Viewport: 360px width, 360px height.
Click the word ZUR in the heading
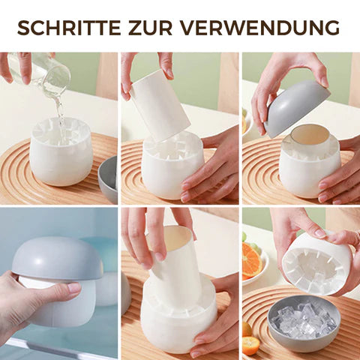tap(151, 27)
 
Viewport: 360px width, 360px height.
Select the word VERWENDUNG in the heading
tap(260, 27)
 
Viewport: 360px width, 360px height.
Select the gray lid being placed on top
tap(298, 107)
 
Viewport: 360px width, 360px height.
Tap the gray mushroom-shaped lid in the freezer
tap(57, 259)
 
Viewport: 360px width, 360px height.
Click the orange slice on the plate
tap(252, 261)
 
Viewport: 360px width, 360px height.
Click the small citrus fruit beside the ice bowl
tap(250, 343)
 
